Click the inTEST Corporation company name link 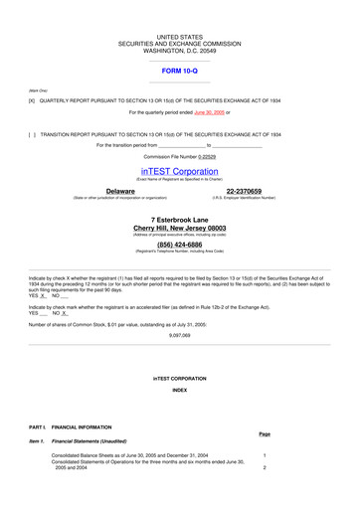coord(179,171)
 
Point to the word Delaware coord(120,190)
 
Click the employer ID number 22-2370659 coord(244,190)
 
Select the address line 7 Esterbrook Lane coord(179,219)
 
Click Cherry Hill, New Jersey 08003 coord(179,228)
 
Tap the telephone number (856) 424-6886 coord(179,244)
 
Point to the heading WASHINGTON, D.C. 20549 coord(179,51)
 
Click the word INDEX coord(179,390)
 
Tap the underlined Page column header coord(265,434)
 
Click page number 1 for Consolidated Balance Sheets coord(265,455)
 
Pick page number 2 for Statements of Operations coord(265,467)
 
